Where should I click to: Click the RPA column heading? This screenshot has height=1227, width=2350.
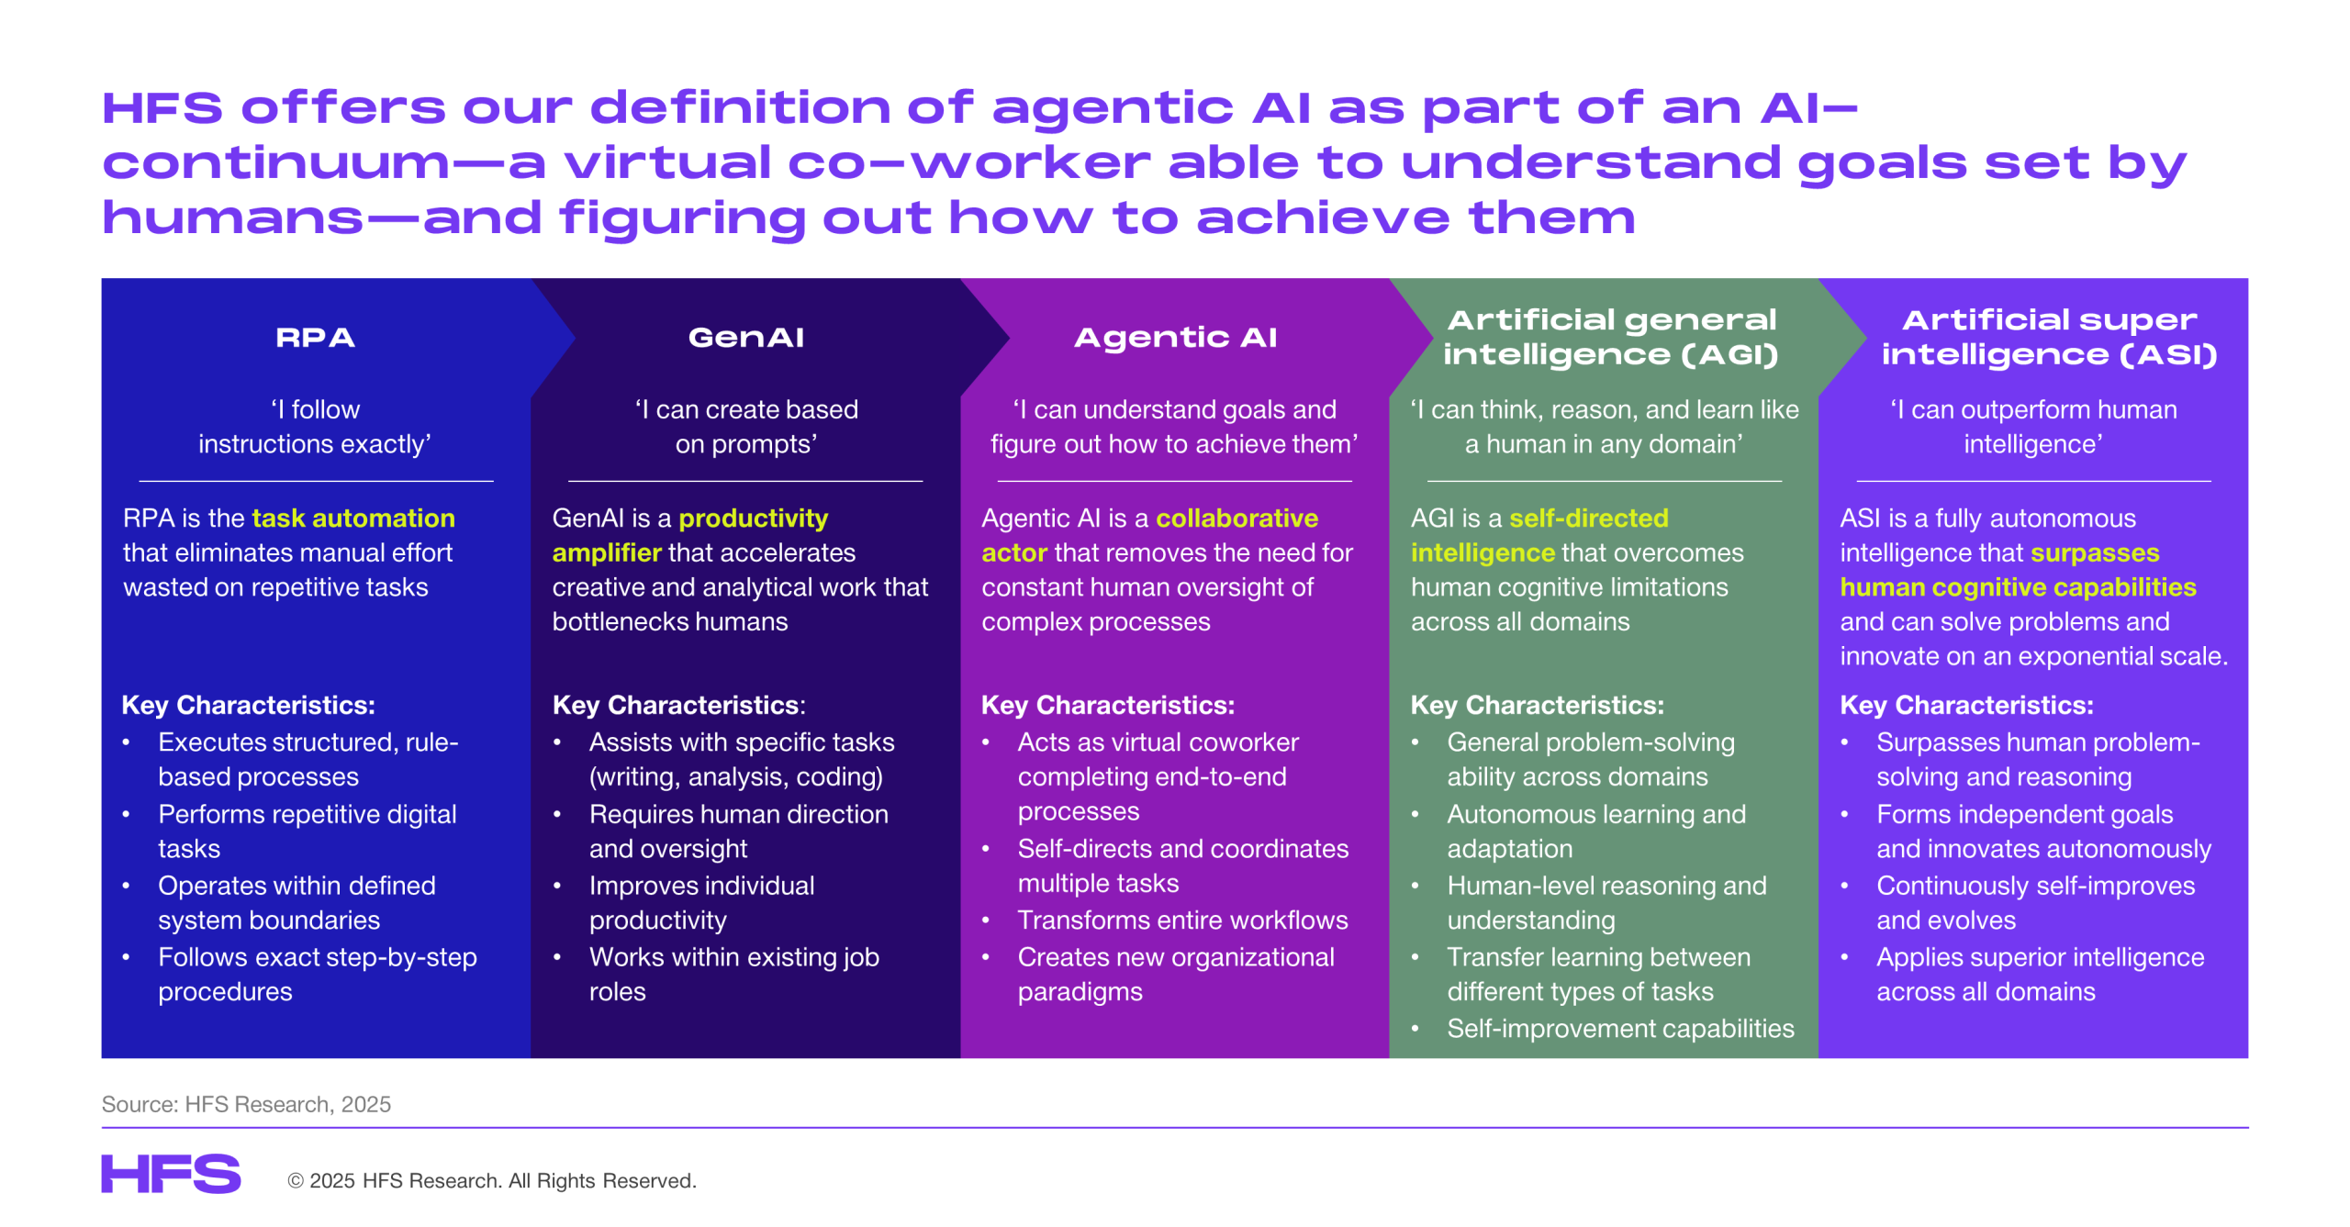pyautogui.click(x=315, y=338)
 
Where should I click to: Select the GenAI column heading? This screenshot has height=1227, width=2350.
pyautogui.click(x=745, y=338)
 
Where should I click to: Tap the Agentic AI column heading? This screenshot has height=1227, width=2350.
pyautogui.click(x=1175, y=339)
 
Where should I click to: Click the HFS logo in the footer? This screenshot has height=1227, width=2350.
pyautogui.click(x=171, y=1174)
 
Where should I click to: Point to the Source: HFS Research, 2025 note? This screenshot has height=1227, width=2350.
pyautogui.click(x=246, y=1104)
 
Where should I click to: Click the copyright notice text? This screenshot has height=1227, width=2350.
pyautogui.click(x=492, y=1181)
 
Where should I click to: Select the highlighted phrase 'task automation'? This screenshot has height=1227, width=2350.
pyautogui.click(x=353, y=519)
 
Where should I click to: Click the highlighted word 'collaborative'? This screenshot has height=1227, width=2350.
pyautogui.click(x=1237, y=519)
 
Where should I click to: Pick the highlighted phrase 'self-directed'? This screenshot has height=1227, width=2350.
pyautogui.click(x=1588, y=519)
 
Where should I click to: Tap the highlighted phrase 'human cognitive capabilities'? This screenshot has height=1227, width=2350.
pyautogui.click(x=2018, y=587)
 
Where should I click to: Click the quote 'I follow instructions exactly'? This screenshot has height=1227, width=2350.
pyautogui.click(x=315, y=427)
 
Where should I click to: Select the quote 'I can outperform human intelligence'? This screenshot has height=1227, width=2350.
pyautogui.click(x=2033, y=427)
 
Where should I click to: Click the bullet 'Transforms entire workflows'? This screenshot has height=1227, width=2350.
pyautogui.click(x=1182, y=920)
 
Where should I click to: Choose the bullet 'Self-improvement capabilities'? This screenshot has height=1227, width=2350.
pyautogui.click(x=1620, y=1029)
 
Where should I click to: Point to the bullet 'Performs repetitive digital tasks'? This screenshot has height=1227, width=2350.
pyautogui.click(x=307, y=831)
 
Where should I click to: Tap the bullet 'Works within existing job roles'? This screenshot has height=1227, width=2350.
pyautogui.click(x=733, y=975)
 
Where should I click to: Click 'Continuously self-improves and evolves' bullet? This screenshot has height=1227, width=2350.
pyautogui.click(x=2035, y=903)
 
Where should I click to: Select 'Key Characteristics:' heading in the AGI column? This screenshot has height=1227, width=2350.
pyautogui.click(x=1537, y=705)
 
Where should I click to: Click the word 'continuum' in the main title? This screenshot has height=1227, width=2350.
pyautogui.click(x=276, y=163)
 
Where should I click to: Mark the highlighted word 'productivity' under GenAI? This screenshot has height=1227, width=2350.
pyautogui.click(x=753, y=519)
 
